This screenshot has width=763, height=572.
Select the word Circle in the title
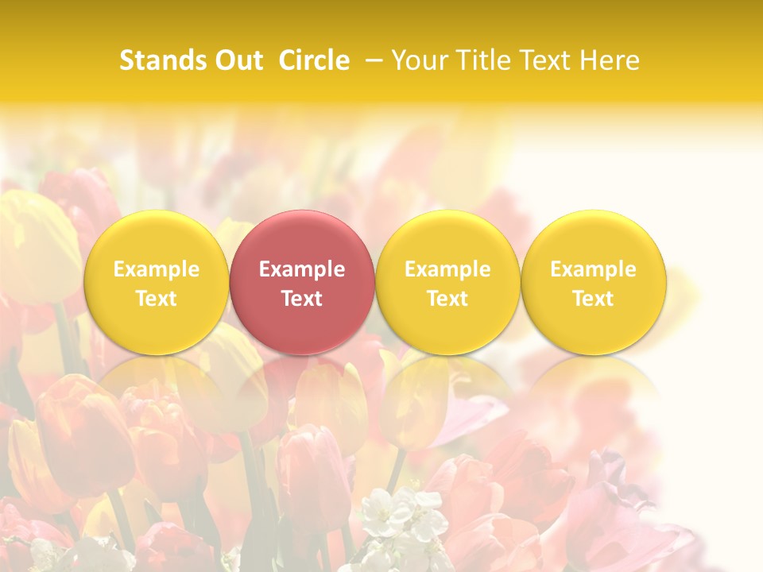coord(314,60)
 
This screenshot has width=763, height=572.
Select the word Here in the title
coord(610,60)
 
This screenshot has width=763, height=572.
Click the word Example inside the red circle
coord(302,269)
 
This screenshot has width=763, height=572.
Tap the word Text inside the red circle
coord(302,299)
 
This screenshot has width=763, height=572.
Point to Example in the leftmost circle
coord(156,269)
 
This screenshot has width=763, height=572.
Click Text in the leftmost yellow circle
coord(156,299)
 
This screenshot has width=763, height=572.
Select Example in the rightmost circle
coord(594,269)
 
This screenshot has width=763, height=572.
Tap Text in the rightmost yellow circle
coord(594,299)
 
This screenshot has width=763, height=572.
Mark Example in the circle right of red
coord(447,269)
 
